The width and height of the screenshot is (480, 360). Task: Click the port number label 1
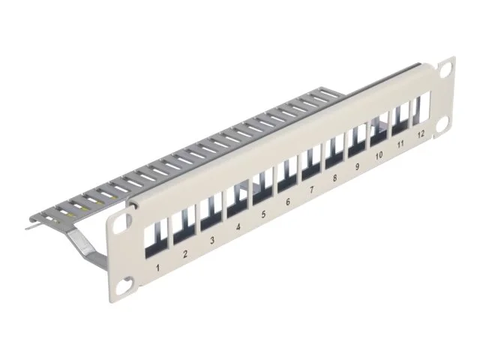(x=156, y=267)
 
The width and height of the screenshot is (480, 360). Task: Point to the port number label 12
(x=420, y=133)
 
